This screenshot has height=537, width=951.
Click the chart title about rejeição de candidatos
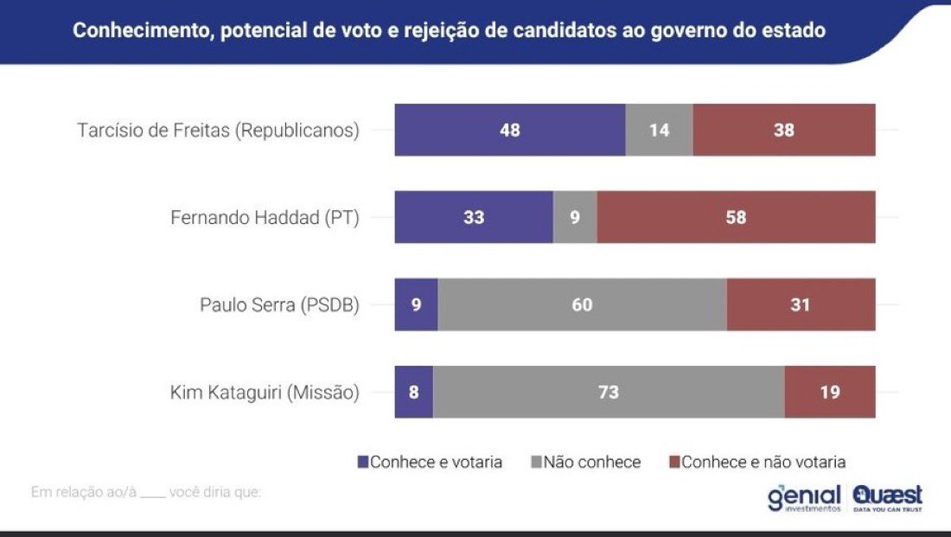tap(449, 31)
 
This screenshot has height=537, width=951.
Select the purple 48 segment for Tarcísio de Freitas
tap(510, 131)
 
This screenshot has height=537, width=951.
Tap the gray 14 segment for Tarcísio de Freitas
tap(659, 131)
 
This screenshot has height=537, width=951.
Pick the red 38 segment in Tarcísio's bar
tap(784, 131)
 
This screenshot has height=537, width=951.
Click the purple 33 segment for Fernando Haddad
tap(474, 218)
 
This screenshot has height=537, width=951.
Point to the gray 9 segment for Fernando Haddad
tap(575, 218)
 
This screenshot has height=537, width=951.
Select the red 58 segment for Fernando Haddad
tap(736, 218)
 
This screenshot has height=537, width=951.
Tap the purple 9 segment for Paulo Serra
tap(417, 305)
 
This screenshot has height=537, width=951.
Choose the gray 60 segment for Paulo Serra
tap(582, 305)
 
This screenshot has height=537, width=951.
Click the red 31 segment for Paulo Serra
tap(801, 305)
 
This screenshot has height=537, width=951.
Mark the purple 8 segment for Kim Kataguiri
tap(414, 393)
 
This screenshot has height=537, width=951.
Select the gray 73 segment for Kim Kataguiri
tap(609, 393)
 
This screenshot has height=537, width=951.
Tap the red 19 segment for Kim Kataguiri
tap(830, 393)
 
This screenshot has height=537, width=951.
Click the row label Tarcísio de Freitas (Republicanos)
tap(218, 131)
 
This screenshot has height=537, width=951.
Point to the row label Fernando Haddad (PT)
tap(265, 218)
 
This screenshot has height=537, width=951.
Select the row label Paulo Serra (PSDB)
tap(279, 305)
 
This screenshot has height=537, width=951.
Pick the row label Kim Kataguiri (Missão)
tap(265, 393)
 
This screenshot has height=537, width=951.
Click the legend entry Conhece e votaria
tap(430, 462)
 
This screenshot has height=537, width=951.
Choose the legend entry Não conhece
tap(585, 462)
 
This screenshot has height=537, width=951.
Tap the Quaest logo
tap(888, 498)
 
